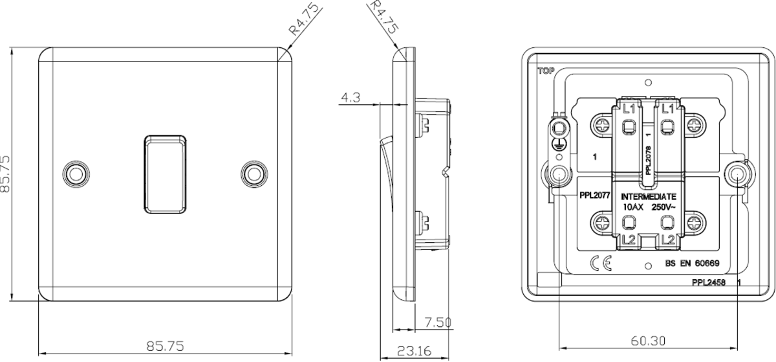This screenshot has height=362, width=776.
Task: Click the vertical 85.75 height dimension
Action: (8, 173)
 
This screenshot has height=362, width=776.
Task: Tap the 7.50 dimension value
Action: (438, 322)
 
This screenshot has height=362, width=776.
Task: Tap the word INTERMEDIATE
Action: (649, 196)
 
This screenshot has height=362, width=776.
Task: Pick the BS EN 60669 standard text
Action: (693, 264)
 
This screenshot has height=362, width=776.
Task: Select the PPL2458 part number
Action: (707, 282)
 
